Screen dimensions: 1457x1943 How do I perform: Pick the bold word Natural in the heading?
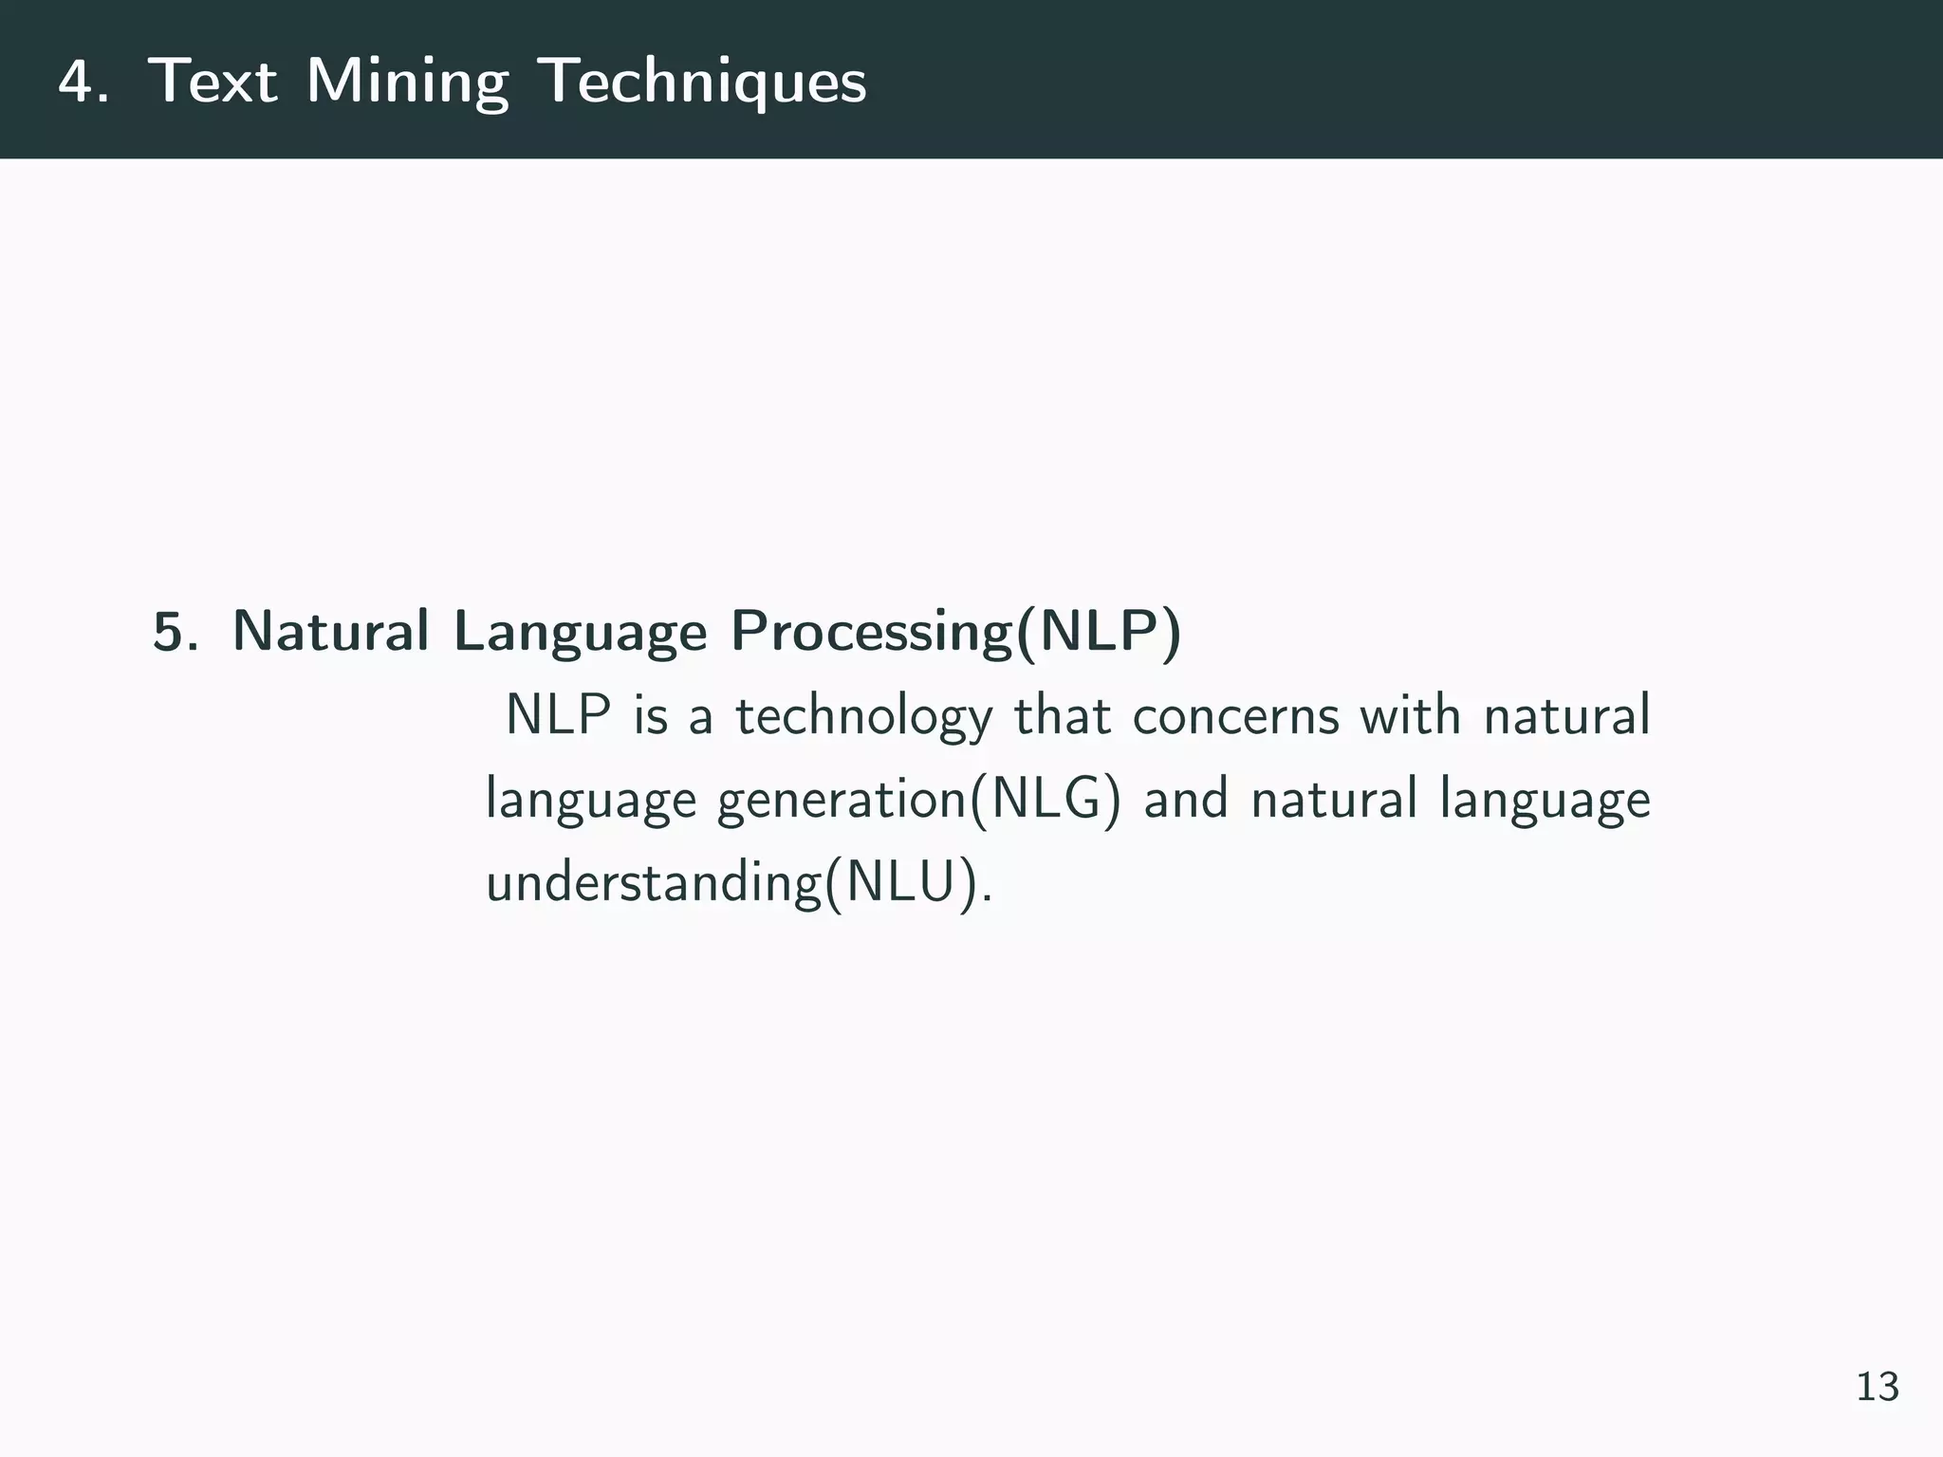[330, 632]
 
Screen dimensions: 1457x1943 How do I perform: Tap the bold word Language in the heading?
[580, 634]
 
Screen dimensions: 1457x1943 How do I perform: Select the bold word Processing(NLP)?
[955, 632]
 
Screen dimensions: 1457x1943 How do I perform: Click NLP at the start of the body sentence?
[558, 715]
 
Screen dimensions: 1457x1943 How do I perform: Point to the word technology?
[863, 717]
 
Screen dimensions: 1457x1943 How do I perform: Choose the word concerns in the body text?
[1235, 715]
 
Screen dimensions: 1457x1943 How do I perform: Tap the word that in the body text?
[1062, 715]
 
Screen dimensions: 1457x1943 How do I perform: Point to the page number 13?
[1877, 1387]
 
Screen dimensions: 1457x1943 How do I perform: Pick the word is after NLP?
[651, 715]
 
